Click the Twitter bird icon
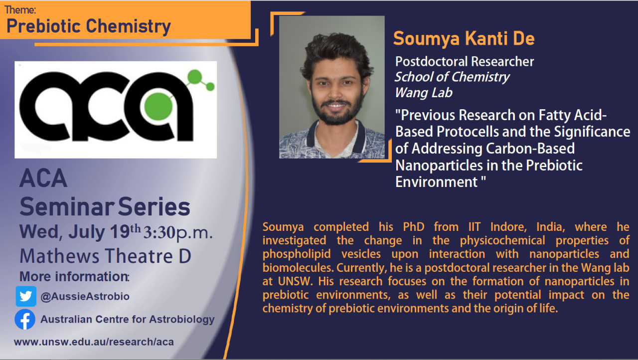(x=25, y=296)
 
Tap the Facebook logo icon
(x=25, y=320)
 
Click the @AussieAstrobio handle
(x=85, y=297)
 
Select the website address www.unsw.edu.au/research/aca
(x=94, y=342)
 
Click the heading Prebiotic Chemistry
(x=89, y=26)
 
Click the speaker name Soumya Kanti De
(x=464, y=38)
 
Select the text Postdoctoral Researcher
(x=464, y=61)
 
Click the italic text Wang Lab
(x=424, y=93)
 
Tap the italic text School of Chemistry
(x=452, y=77)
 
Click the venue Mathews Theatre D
(x=105, y=256)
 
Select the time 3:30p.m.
(x=178, y=233)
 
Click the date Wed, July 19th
(x=80, y=232)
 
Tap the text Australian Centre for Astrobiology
(x=128, y=320)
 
